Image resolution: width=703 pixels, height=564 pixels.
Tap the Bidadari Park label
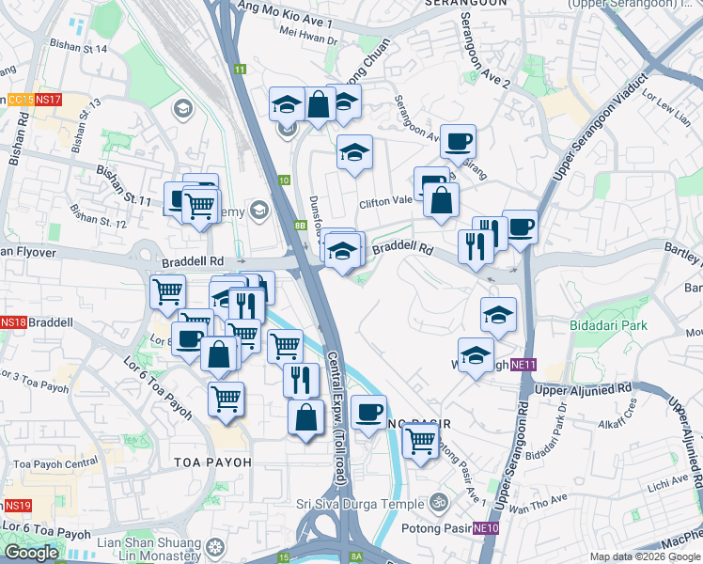tap(608, 325)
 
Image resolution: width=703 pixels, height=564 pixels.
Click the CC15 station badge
tap(19, 100)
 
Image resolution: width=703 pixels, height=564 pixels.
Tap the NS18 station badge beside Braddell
tap(13, 321)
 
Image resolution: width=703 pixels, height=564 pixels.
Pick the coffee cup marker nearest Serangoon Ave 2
tap(458, 142)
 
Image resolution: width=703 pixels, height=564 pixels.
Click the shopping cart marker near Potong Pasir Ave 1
tap(420, 439)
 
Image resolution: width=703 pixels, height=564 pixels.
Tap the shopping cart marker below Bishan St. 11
tap(198, 205)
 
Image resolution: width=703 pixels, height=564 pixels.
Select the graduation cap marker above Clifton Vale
tap(354, 151)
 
